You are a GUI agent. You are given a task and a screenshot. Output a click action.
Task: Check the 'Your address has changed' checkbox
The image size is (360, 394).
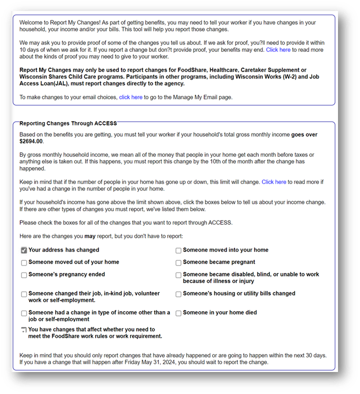(24, 250)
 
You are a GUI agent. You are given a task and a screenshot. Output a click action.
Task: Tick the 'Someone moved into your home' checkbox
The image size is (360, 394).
(179, 250)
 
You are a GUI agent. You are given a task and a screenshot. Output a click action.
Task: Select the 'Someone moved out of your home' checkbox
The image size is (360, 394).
(24, 262)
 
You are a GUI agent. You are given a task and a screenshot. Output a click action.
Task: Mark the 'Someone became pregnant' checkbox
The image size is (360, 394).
(179, 262)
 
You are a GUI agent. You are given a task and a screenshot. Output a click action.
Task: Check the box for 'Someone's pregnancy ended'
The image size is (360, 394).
(24, 275)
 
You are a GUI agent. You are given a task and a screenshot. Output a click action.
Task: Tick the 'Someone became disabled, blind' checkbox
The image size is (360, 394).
(179, 275)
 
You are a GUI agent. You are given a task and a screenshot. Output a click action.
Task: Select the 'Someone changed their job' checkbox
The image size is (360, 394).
(24, 294)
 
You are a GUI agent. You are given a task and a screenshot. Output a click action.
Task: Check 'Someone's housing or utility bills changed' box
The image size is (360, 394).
(179, 294)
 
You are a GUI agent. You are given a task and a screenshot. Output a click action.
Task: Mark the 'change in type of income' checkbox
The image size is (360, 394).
(24, 313)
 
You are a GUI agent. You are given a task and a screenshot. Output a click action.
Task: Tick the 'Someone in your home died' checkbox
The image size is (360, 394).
(179, 313)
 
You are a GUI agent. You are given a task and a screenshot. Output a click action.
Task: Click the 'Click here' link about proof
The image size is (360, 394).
(278, 50)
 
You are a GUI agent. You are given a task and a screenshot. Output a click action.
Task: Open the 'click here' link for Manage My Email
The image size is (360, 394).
(130, 97)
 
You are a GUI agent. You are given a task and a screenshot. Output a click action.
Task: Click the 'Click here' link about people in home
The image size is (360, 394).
(274, 182)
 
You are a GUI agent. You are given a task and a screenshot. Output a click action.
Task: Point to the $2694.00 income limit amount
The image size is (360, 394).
(31, 141)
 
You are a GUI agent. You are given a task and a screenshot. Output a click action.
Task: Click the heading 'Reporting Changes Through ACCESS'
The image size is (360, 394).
(68, 124)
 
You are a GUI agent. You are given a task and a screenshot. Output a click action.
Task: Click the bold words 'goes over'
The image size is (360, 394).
(304, 135)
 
